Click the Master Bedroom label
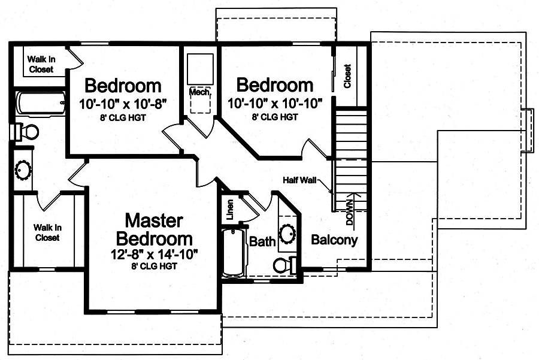click(154, 229)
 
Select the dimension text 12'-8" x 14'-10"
click(154, 254)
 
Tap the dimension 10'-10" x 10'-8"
click(122, 104)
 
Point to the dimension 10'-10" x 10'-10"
click(275, 104)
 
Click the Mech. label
click(199, 92)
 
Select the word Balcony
click(334, 240)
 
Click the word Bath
click(262, 242)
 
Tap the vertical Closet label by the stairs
click(347, 76)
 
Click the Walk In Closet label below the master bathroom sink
click(47, 232)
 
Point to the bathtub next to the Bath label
click(234, 252)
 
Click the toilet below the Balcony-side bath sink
click(284, 265)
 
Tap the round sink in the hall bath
click(287, 233)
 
